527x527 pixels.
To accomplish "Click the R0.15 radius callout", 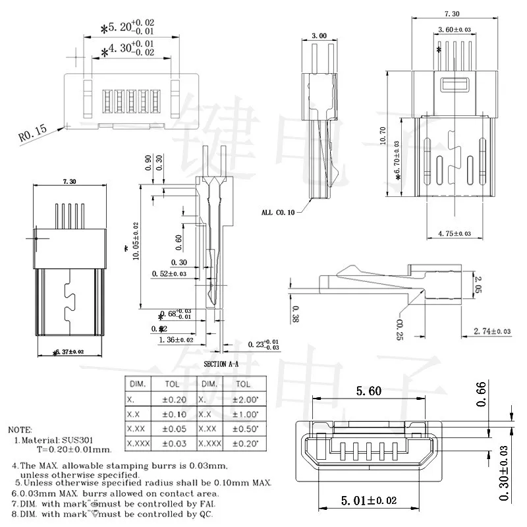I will coord(32,134).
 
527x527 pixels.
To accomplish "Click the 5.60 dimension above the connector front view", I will coord(368,391).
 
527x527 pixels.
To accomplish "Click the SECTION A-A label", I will coord(222,364).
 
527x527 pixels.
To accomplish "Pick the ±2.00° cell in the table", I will coord(243,399).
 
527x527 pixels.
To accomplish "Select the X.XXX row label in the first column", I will coord(138,444).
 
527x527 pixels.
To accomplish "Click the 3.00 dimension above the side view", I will coord(319,35).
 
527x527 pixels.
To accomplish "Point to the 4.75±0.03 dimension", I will coord(454,234).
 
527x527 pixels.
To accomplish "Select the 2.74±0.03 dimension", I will coord(492,331).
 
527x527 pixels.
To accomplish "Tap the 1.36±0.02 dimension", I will coord(177,340).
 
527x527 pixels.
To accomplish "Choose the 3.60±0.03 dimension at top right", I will coord(455,29).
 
